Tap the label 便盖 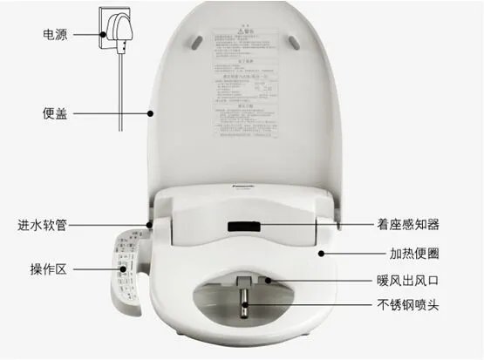tap(57, 112)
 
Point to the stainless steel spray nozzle tap(244, 306)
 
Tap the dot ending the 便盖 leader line tap(150, 112)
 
